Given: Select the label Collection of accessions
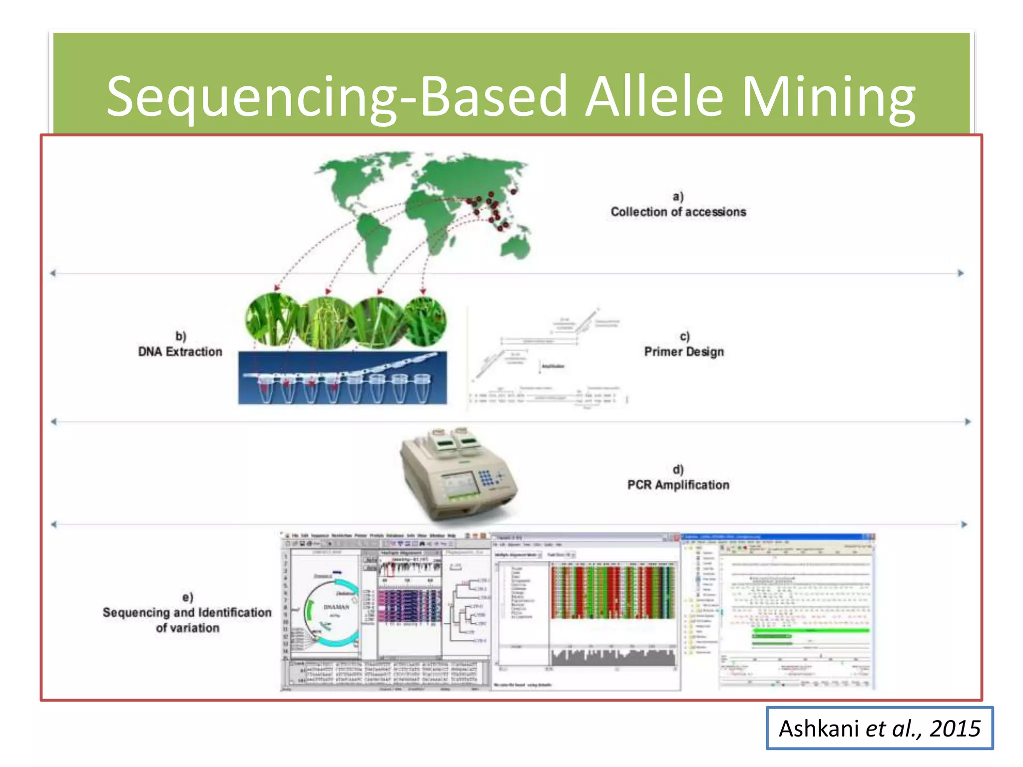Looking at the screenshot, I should tap(678, 212).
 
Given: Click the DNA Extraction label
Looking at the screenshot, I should tap(180, 352).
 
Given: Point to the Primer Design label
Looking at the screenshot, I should tap(683, 352).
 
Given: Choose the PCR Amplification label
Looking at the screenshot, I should tap(678, 485).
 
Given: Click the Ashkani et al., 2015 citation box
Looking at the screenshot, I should tap(879, 728).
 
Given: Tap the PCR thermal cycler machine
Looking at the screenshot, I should tap(457, 474).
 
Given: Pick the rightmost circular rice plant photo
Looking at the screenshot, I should tap(425, 321).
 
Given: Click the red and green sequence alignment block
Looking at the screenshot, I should tap(613, 592).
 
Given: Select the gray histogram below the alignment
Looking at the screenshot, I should tap(613, 657).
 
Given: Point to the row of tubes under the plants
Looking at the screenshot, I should tap(342, 387).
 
